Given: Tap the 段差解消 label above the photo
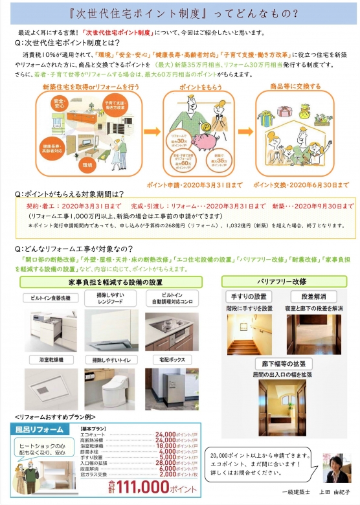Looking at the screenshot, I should [312, 297].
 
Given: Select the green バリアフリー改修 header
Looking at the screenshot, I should [282, 282].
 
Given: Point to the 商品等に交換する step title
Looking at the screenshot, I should [295, 86].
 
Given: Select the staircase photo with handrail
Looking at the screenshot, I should [249, 334].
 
